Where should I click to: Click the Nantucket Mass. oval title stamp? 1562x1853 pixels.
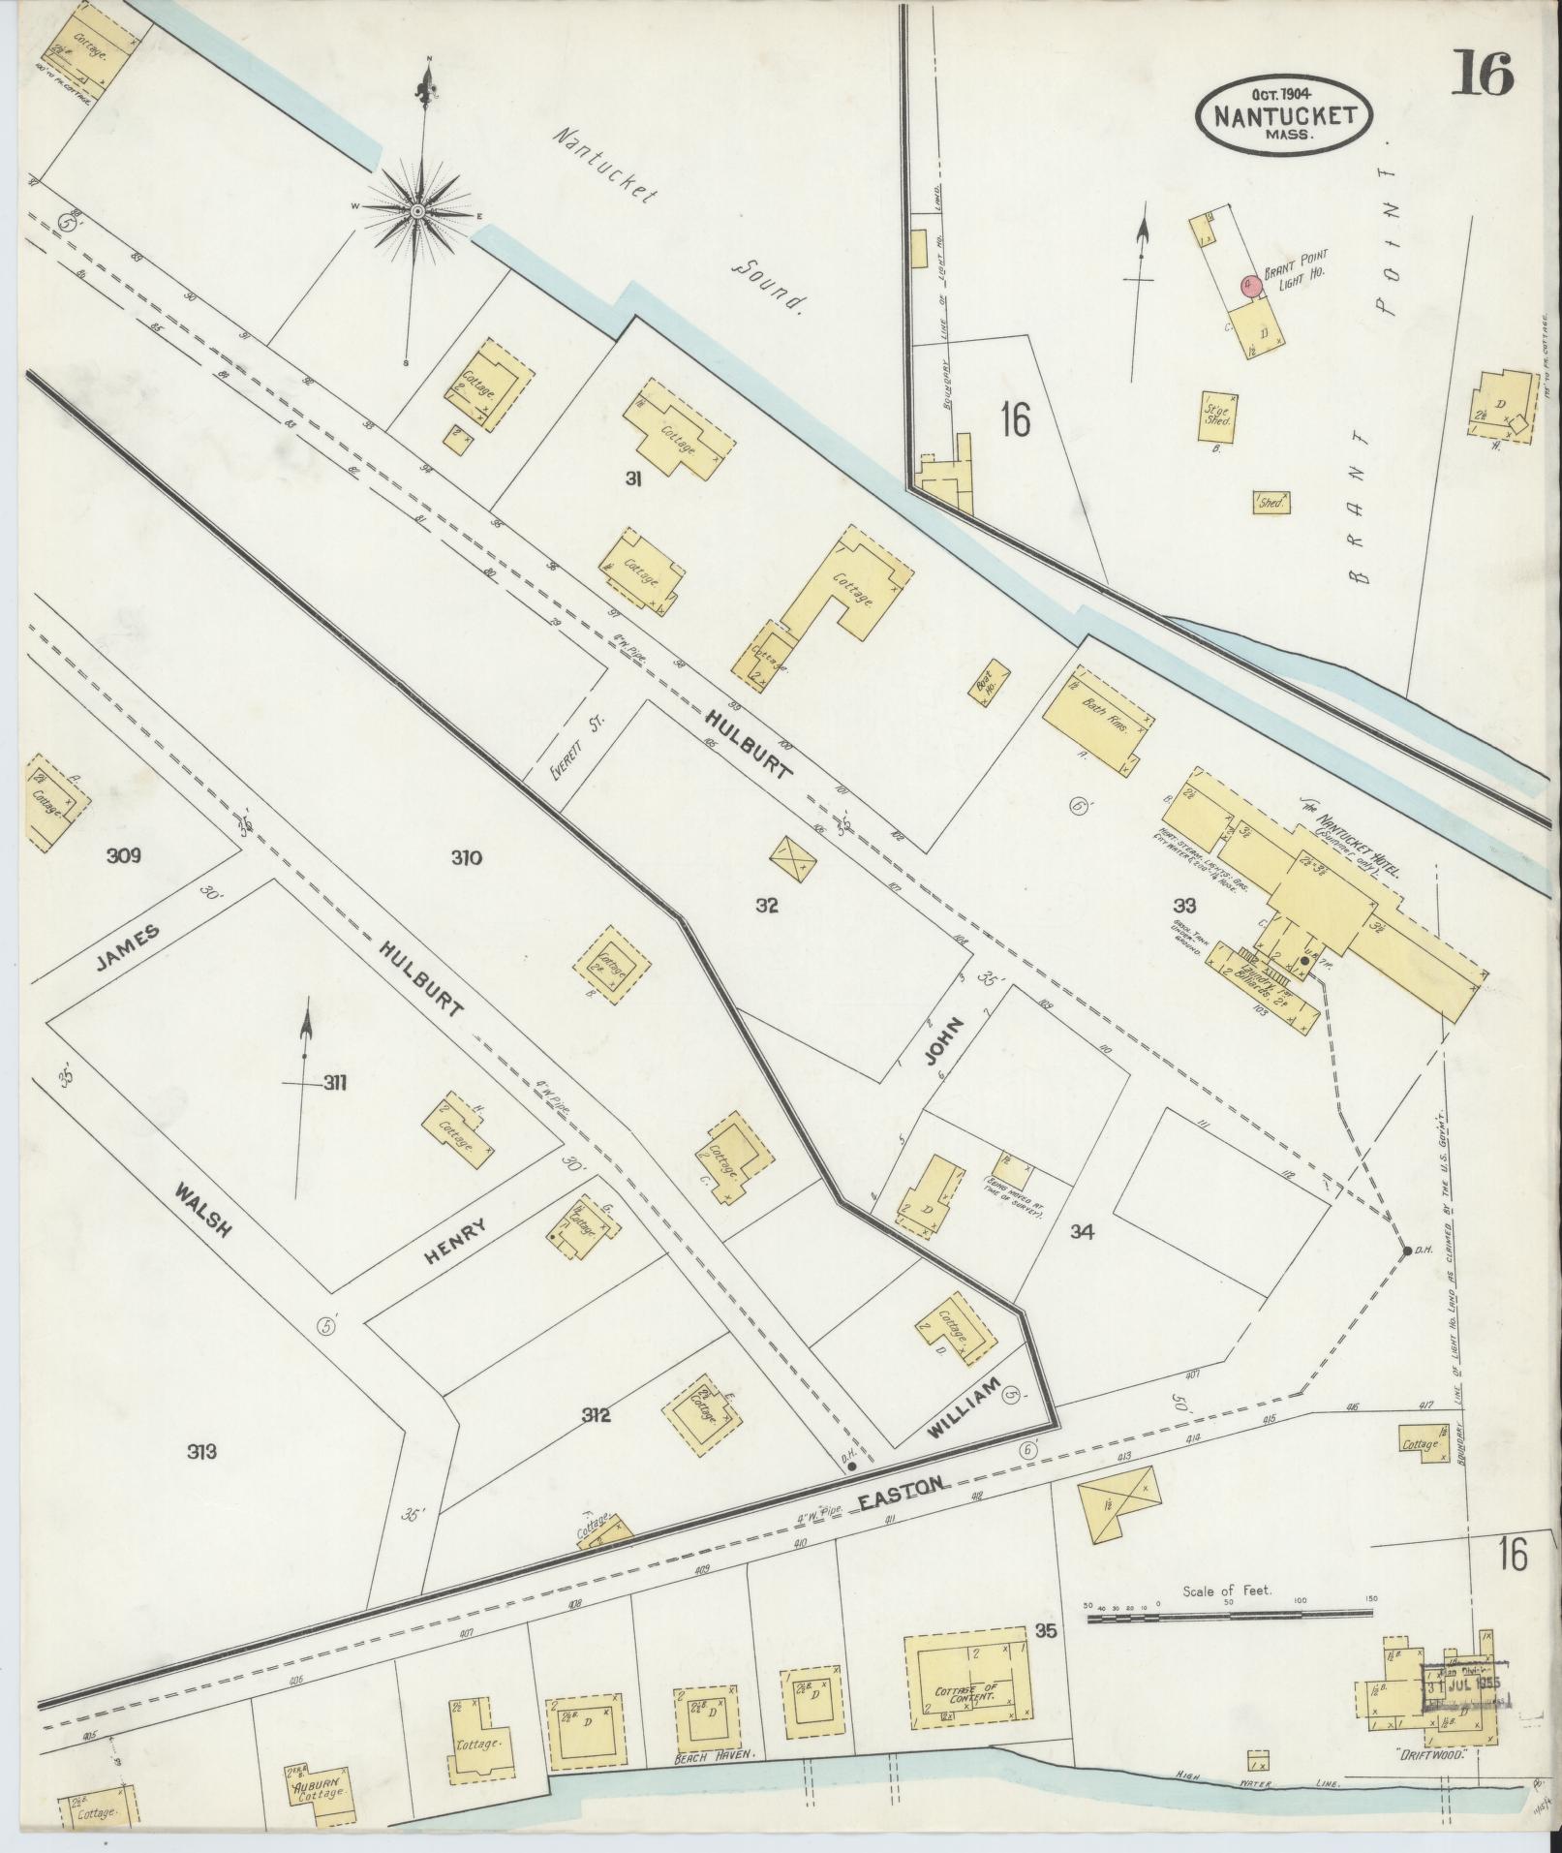(x=1284, y=114)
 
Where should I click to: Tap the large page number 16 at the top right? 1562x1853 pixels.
(x=1482, y=75)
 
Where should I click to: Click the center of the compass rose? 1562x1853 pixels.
(x=417, y=210)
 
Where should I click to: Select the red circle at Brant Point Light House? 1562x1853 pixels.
(x=1249, y=284)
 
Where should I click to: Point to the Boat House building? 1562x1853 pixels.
(x=991, y=685)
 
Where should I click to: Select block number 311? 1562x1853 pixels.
(x=334, y=1082)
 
